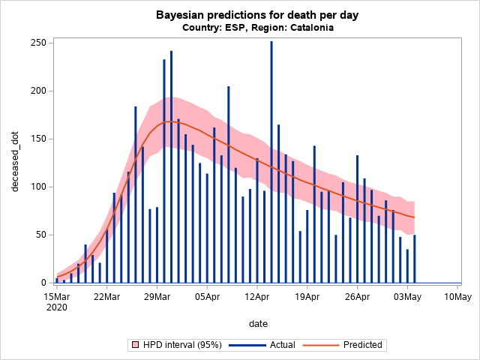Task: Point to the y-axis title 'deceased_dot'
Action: coord(15,161)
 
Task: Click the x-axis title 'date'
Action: coord(258,323)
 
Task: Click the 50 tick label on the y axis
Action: coord(40,235)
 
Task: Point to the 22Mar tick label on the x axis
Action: coord(106,296)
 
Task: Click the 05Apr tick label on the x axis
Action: coord(207,296)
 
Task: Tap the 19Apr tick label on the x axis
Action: coord(307,296)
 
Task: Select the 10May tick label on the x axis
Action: coord(457,296)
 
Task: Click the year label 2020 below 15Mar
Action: coord(56,307)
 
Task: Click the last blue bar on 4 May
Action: coord(415,259)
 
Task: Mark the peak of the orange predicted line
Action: coord(169,121)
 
